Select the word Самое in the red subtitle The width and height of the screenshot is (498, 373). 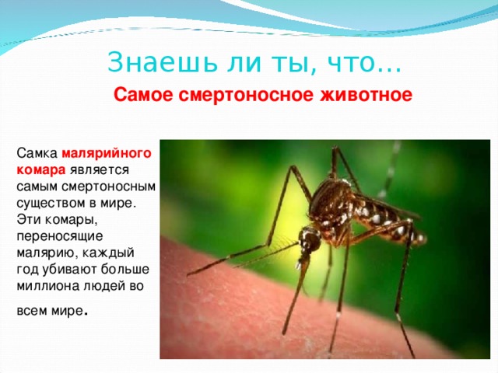click(x=145, y=96)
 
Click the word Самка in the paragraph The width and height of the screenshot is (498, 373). click(x=36, y=153)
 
